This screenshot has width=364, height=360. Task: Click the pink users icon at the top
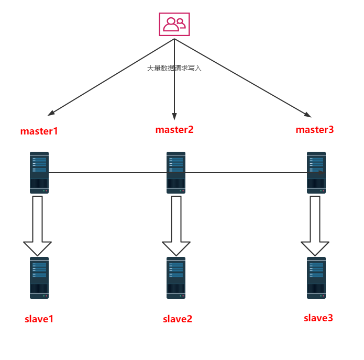pos(174,24)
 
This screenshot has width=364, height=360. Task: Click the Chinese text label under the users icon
pos(174,68)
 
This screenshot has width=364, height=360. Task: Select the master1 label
pos(39,131)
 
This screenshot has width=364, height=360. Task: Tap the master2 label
pos(174,130)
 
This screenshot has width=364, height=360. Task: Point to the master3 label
pos(314,130)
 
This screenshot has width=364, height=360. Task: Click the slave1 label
pos(39,319)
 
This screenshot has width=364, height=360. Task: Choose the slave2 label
pos(178,319)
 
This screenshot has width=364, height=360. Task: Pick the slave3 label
pos(318,318)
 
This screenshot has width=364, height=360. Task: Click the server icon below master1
pos(39,173)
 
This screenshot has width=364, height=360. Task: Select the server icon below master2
pos(176,173)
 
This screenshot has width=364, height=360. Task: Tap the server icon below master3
pos(316,173)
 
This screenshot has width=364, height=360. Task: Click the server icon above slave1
pos(39,278)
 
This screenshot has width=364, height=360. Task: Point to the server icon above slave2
pos(176,278)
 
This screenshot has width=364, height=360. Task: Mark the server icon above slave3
pos(316,278)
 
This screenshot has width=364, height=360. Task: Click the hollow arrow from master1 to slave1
pos(37,225)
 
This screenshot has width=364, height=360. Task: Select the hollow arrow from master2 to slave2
pos(176,225)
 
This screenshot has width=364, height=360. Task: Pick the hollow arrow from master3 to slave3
pos(315,225)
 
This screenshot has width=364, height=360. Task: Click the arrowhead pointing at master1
pos(51,113)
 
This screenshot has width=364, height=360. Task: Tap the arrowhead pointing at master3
pos(308,114)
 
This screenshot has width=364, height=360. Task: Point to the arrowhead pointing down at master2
pos(174,117)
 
